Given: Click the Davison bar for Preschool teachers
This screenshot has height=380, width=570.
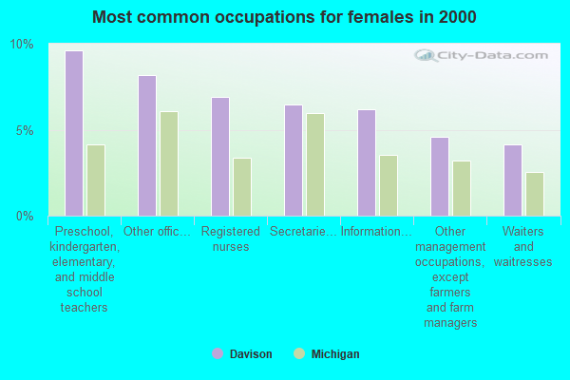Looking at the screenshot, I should point(74,133).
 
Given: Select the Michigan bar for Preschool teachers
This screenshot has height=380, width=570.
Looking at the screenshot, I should point(96,180).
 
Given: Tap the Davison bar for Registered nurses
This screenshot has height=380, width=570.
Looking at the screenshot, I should point(220,156).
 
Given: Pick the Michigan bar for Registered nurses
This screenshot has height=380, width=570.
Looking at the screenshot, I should point(242,186).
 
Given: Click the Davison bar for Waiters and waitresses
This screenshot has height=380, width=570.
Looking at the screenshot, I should point(513,180).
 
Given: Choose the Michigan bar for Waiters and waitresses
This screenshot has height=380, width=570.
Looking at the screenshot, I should point(535,194).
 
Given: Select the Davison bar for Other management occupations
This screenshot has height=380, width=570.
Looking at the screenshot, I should point(440,176).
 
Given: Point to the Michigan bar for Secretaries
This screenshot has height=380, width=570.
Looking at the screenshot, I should point(315,164).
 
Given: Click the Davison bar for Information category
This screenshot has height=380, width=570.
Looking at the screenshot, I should point(367,162).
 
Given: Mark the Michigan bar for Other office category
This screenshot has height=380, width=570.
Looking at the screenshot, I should point(169,163).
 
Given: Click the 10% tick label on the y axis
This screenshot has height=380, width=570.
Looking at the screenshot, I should point(22,45).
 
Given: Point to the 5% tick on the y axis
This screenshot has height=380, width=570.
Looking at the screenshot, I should point(25,130).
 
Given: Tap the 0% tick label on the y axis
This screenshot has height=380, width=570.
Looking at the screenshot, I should point(25,216).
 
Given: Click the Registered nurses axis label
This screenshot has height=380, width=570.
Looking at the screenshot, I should point(231,239).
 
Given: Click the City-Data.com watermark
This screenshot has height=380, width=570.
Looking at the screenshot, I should point(475,57).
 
